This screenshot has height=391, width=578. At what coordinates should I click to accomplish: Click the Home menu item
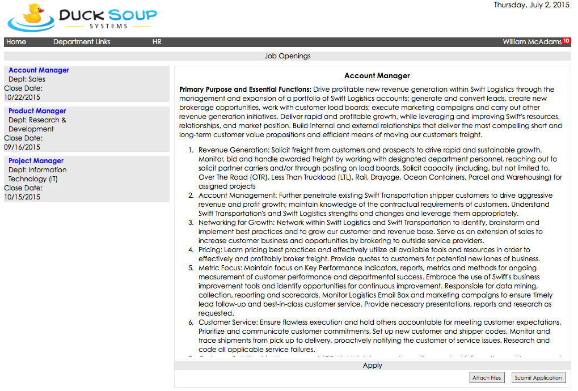(16, 42)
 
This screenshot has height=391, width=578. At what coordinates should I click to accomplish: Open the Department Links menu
(82, 42)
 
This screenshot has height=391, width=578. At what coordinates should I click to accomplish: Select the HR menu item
(157, 42)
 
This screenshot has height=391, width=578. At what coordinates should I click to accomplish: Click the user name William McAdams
(531, 42)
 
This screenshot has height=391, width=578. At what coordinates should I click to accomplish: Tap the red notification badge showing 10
(566, 41)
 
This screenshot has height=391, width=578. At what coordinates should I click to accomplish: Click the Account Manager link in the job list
(39, 70)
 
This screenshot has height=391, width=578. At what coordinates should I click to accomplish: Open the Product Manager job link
(37, 111)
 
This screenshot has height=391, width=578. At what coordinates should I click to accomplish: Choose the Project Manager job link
(36, 161)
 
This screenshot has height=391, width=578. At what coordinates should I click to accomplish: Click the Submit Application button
(538, 378)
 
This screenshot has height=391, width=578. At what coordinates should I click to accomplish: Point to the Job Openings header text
(288, 56)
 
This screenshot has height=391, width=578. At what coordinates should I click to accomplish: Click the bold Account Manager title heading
(377, 75)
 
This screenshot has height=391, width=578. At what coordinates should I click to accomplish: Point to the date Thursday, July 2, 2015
(531, 5)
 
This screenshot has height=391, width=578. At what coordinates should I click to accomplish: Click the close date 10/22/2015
(22, 97)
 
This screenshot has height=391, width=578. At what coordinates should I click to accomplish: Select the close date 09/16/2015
(22, 147)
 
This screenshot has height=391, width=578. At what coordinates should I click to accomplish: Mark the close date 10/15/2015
(22, 197)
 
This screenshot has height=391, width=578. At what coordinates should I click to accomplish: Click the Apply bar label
(372, 365)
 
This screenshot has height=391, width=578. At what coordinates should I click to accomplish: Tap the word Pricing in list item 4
(210, 250)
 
